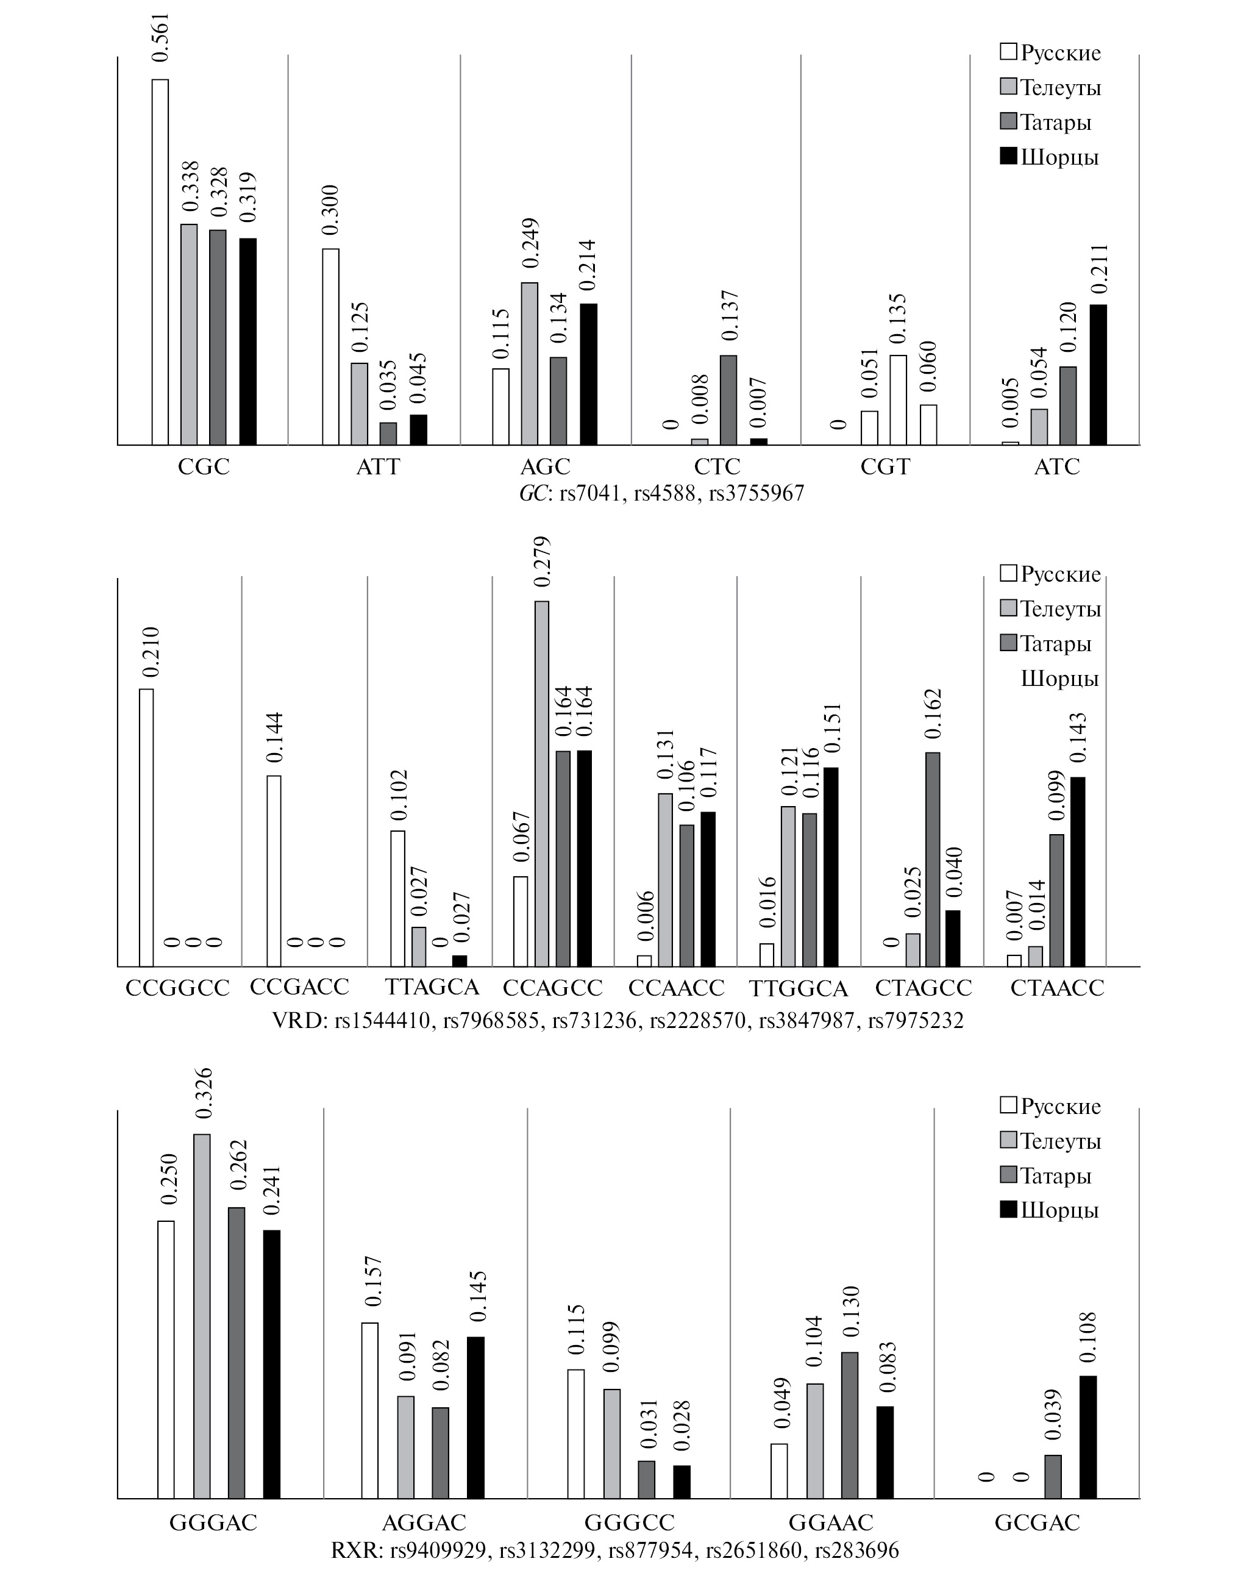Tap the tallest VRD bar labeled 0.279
(541, 784)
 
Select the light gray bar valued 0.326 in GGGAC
(201, 1317)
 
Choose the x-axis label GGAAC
(831, 1522)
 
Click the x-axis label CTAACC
(1057, 988)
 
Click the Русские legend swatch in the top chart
(1008, 52)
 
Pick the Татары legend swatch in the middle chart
(1008, 643)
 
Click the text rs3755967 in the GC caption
(756, 493)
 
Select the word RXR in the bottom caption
(354, 1551)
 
